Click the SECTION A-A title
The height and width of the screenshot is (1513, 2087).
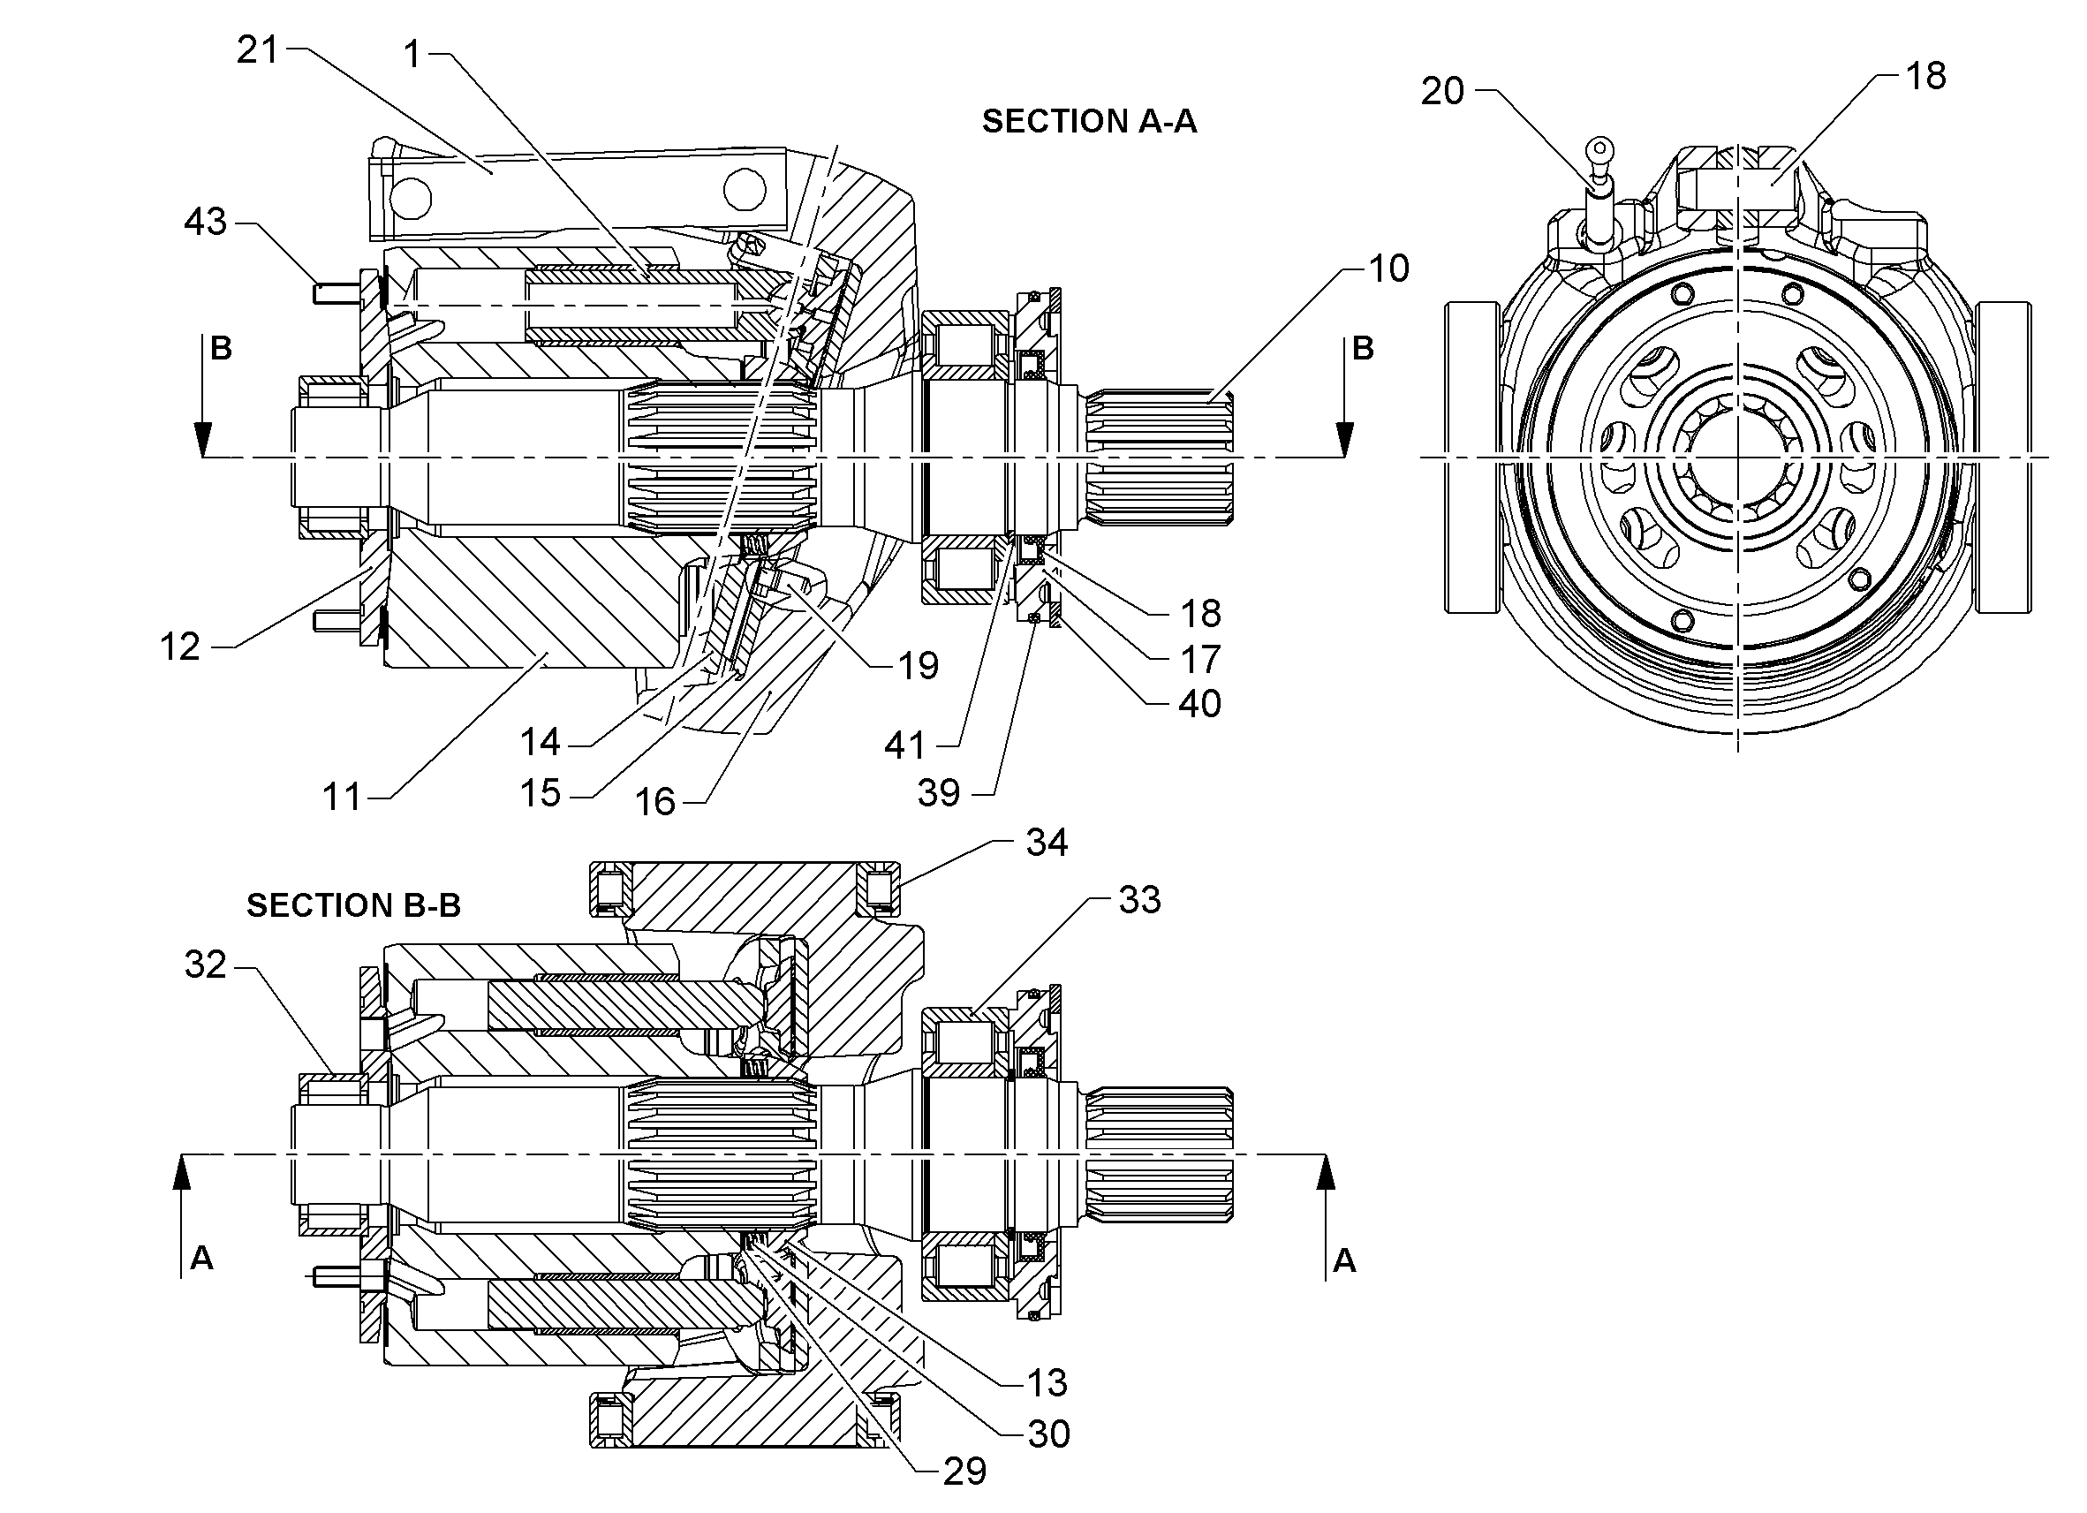point(1090,122)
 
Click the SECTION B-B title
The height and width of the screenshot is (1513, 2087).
point(353,905)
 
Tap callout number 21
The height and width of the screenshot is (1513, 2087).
point(257,49)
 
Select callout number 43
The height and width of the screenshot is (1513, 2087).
point(205,222)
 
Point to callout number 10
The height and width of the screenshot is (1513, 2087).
point(1388,269)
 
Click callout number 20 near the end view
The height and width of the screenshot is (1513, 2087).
point(1442,92)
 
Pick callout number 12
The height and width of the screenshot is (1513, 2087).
point(179,647)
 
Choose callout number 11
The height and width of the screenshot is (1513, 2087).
point(342,797)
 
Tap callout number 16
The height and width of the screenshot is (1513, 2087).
point(655,803)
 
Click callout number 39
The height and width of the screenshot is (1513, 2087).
point(939,793)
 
